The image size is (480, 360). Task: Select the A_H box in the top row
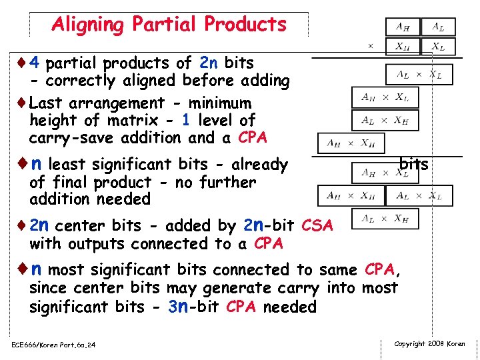pyautogui.click(x=403, y=27)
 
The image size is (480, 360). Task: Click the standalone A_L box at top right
pyautogui.click(x=438, y=27)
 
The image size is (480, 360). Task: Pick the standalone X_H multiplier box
pyautogui.click(x=403, y=47)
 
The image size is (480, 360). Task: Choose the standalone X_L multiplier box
pyautogui.click(x=438, y=47)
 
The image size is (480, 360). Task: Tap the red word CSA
pyautogui.click(x=317, y=226)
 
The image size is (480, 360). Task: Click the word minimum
pyautogui.click(x=221, y=103)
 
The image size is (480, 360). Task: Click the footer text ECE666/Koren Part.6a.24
pyautogui.click(x=53, y=345)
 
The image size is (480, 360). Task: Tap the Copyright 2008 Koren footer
pyautogui.click(x=429, y=344)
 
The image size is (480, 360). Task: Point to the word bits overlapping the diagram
pyautogui.click(x=413, y=164)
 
